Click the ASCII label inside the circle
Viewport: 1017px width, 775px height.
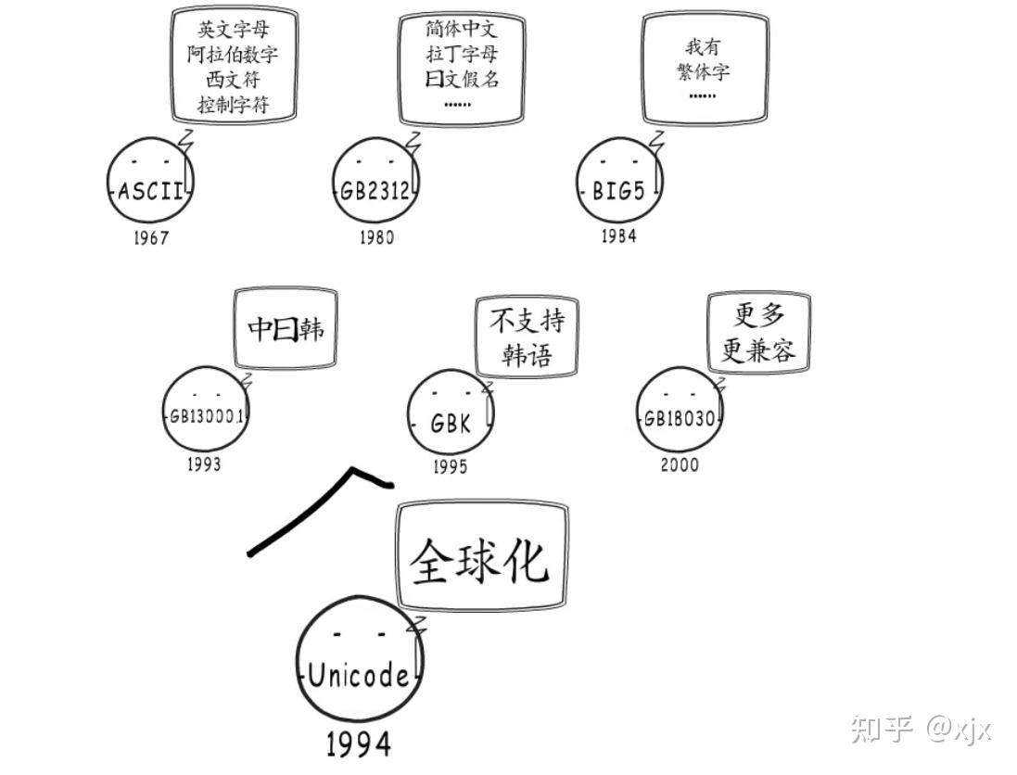click(152, 193)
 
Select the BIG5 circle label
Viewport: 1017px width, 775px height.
click(618, 192)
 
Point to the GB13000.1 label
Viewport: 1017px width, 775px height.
click(206, 416)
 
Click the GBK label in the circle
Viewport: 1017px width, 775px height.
click(451, 425)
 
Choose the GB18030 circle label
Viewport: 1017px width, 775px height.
click(679, 418)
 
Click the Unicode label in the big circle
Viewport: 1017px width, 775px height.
click(359, 676)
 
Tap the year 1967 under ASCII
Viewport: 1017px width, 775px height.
click(150, 238)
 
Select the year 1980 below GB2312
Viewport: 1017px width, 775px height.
click(376, 237)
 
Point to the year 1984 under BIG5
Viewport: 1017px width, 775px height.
click(618, 235)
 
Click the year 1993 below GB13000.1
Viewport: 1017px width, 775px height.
click(203, 464)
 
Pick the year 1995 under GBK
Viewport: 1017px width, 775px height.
click(451, 467)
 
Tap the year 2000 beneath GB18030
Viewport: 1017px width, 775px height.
click(680, 464)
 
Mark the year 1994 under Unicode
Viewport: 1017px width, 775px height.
click(358, 743)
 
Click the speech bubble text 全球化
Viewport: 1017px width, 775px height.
click(479, 560)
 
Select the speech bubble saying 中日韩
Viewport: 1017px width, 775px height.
click(286, 328)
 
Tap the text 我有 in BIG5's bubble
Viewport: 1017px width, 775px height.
click(703, 47)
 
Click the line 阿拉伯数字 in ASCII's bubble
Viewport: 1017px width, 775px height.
click(233, 54)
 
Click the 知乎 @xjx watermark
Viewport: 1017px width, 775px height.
click(920, 729)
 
